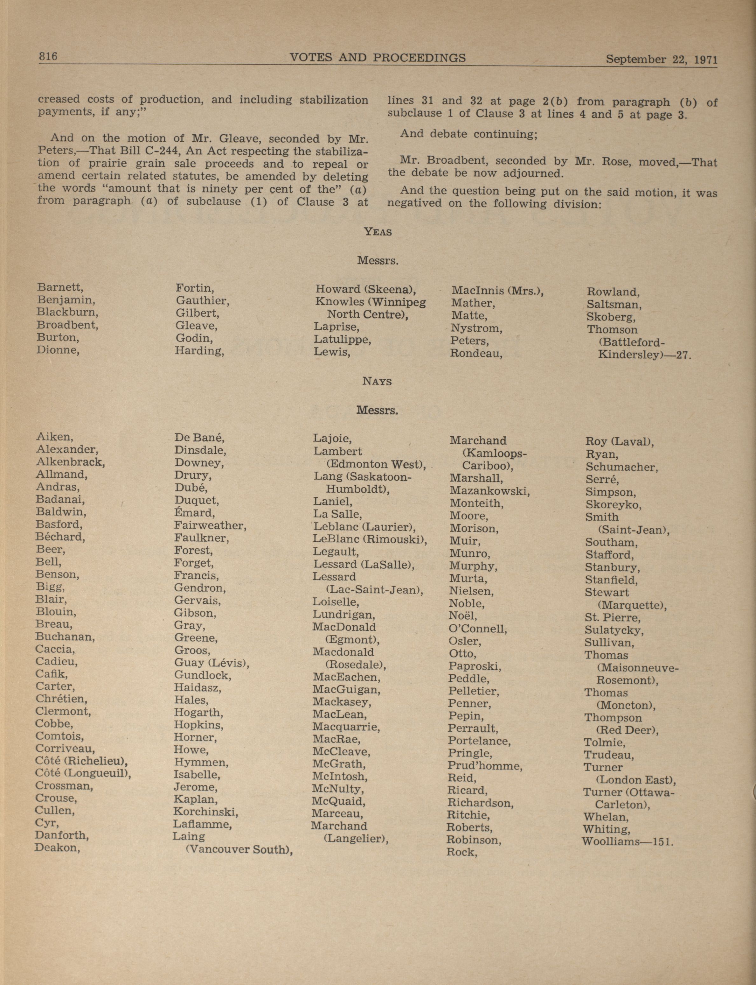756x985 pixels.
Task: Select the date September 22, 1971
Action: [661, 60]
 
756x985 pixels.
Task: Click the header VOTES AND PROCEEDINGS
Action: [378, 58]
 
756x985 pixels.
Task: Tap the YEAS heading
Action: [378, 232]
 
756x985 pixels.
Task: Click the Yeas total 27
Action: [683, 355]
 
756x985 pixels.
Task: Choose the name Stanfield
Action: [611, 580]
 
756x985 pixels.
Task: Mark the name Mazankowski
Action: [489, 491]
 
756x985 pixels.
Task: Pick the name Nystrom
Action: [476, 328]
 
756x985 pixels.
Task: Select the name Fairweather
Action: [210, 525]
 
